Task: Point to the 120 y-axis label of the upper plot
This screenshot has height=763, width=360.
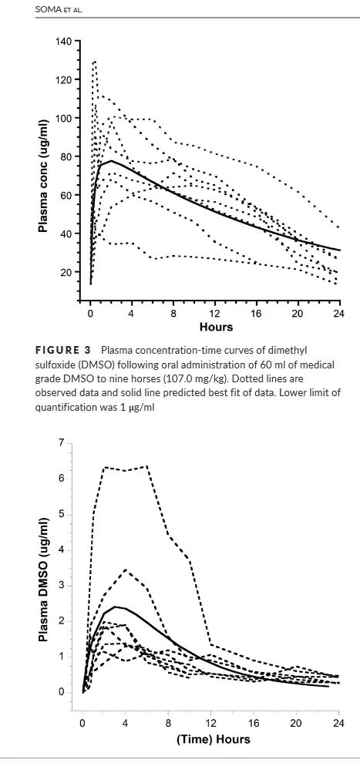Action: tap(63, 79)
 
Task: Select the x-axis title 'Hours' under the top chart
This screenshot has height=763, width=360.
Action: tap(216, 327)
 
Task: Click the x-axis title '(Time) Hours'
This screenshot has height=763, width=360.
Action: tap(214, 739)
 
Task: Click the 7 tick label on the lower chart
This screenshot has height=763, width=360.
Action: tap(61, 443)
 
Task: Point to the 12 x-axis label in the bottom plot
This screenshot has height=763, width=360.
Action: tap(210, 723)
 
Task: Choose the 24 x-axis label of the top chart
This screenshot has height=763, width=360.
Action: tap(339, 314)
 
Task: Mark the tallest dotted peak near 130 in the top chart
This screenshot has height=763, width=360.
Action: tap(94, 62)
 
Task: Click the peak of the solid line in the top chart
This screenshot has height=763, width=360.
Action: tap(111, 160)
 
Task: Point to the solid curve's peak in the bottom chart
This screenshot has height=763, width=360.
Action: tap(116, 607)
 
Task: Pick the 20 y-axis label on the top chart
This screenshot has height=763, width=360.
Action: tap(66, 272)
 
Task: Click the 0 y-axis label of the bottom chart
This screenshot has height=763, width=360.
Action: tap(61, 692)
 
